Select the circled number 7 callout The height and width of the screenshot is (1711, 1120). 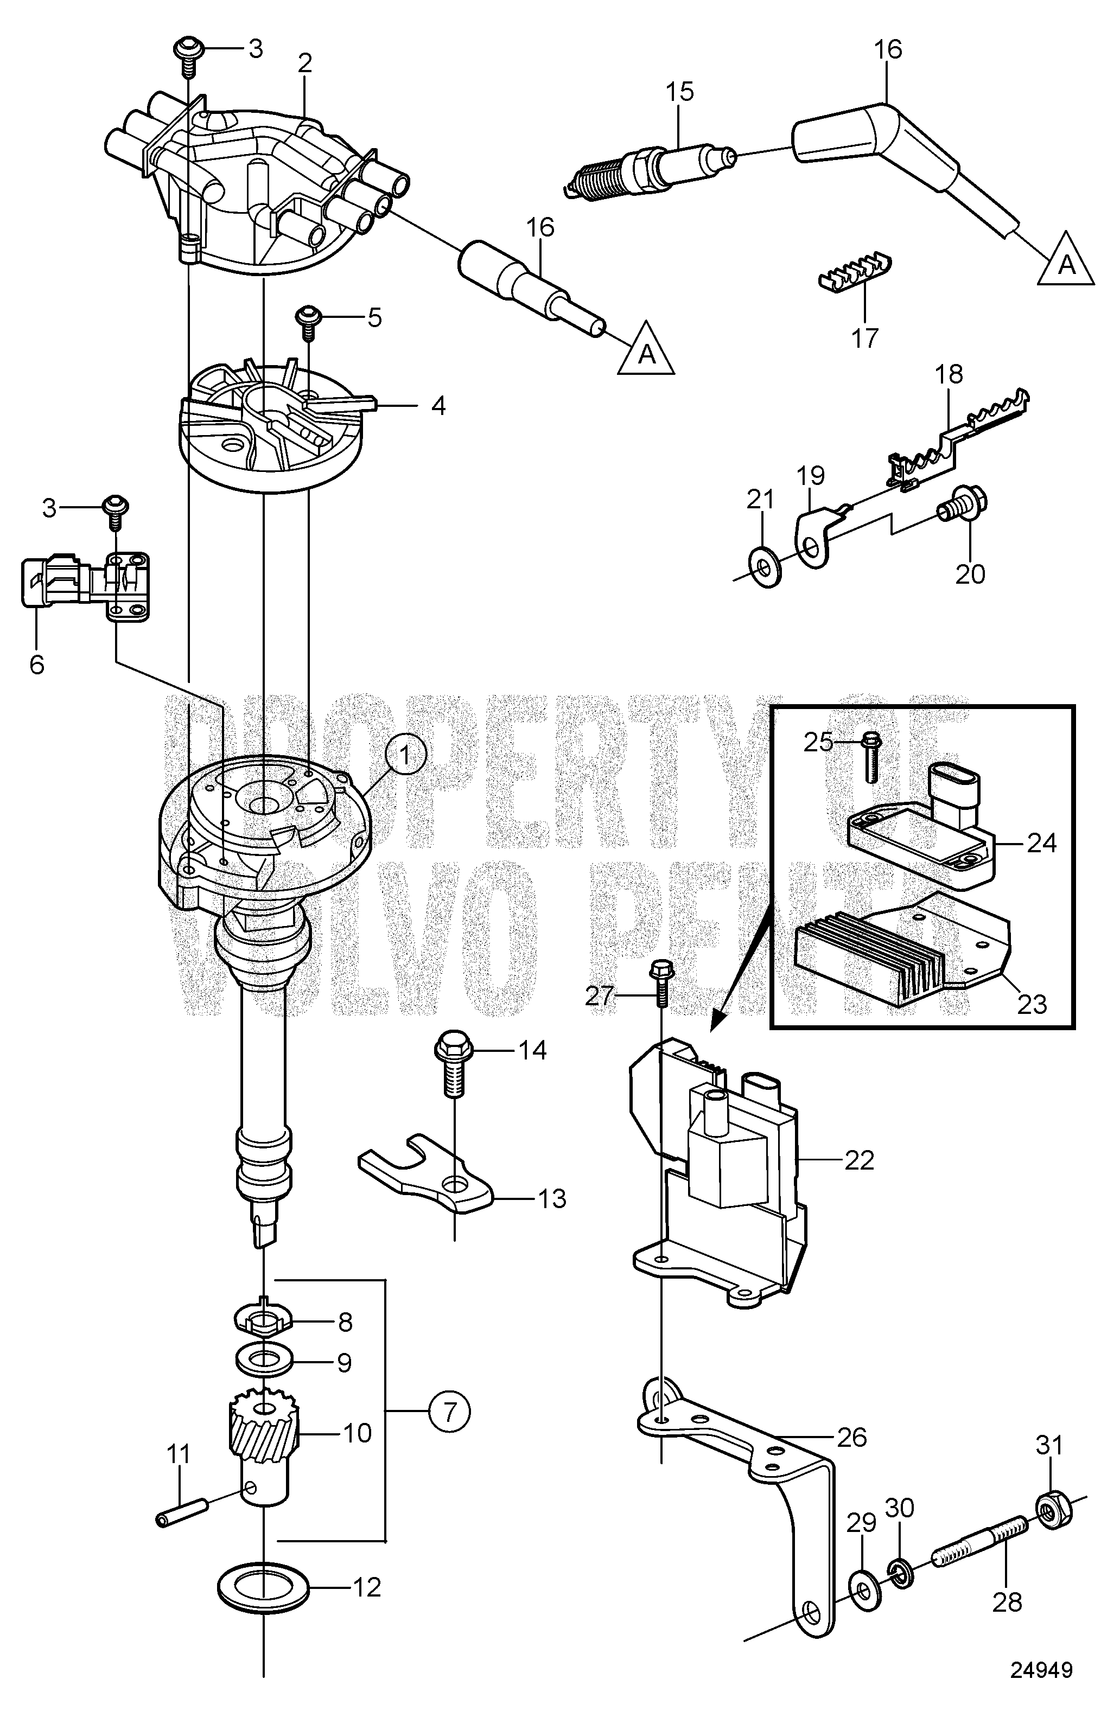click(450, 1412)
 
